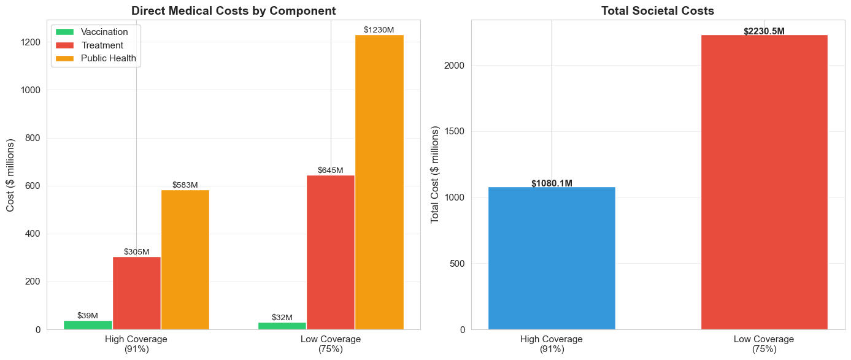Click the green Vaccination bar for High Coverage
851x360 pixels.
88,325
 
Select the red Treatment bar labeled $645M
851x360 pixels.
331,252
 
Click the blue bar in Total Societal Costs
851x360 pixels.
552,258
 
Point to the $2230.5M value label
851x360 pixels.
764,31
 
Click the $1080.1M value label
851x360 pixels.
552,183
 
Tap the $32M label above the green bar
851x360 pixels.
282,318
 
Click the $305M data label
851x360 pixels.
136,251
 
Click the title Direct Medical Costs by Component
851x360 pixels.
233,10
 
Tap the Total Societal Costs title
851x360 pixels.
658,10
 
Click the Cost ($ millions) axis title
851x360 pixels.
11,175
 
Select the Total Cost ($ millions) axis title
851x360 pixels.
436,175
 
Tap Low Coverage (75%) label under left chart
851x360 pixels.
331,344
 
